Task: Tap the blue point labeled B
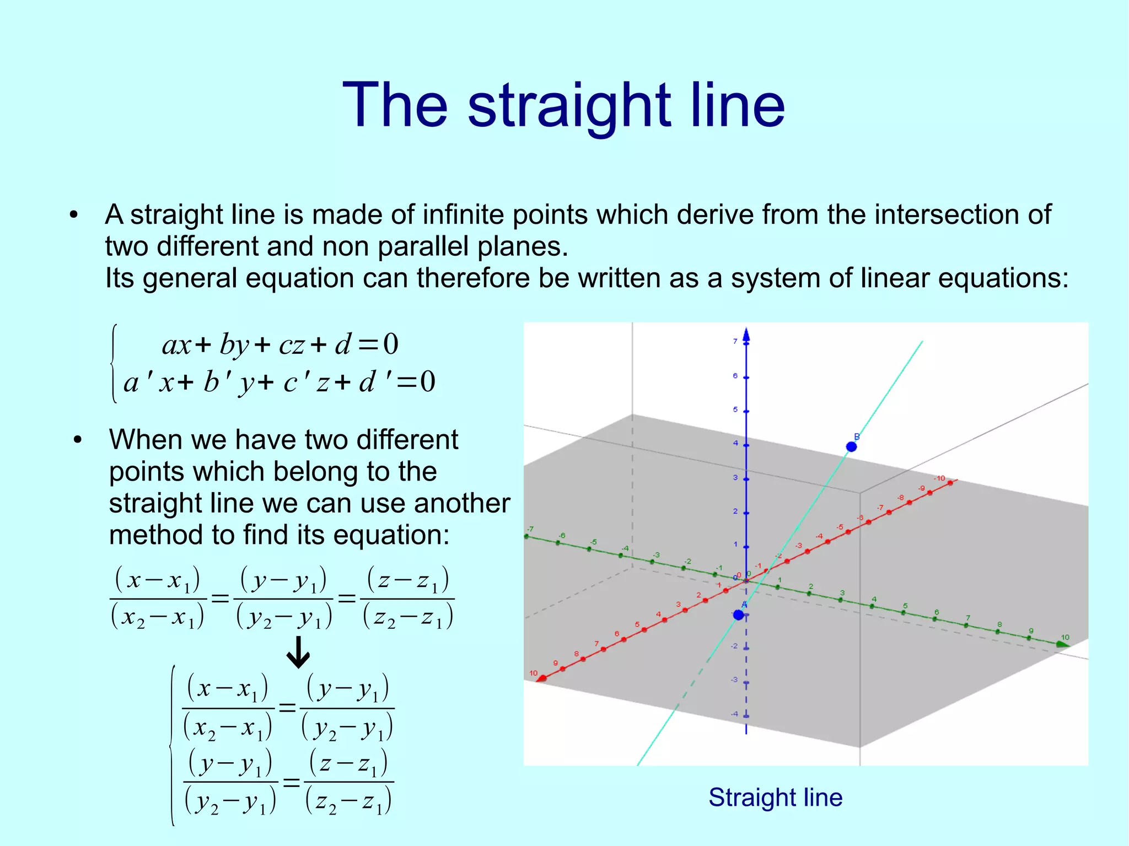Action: [x=851, y=446]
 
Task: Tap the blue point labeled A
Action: [x=739, y=615]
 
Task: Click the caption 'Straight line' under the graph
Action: [x=775, y=797]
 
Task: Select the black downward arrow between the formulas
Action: [x=298, y=652]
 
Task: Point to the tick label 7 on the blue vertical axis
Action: [x=735, y=342]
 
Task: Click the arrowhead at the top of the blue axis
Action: [x=746, y=334]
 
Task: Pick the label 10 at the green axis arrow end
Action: [x=1065, y=638]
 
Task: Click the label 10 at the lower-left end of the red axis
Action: [x=533, y=673]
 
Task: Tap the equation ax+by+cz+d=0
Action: [x=279, y=345]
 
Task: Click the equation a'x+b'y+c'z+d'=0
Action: [x=279, y=382]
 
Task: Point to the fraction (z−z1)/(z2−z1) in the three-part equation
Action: [x=407, y=599]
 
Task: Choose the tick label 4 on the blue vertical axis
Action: [x=735, y=443]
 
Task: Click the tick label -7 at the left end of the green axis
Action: [x=530, y=529]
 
